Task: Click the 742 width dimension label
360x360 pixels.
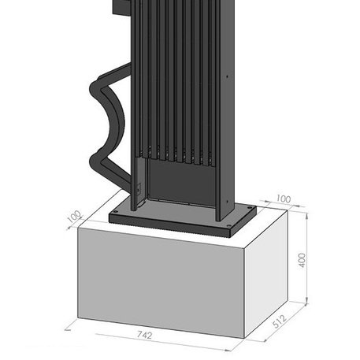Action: pos(145,335)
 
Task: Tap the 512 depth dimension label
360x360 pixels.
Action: pos(280,321)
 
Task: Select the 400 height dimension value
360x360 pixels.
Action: pos(302,260)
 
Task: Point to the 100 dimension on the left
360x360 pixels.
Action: pos(74,216)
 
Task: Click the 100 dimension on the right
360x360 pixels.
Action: pos(284,199)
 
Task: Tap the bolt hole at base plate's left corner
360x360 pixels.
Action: pos(116,211)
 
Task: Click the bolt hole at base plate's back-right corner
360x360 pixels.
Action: pos(250,207)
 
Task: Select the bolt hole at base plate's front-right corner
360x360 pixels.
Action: pos(228,225)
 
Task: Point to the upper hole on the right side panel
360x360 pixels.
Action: pos(227,76)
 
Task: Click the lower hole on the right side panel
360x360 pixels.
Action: pos(227,202)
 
